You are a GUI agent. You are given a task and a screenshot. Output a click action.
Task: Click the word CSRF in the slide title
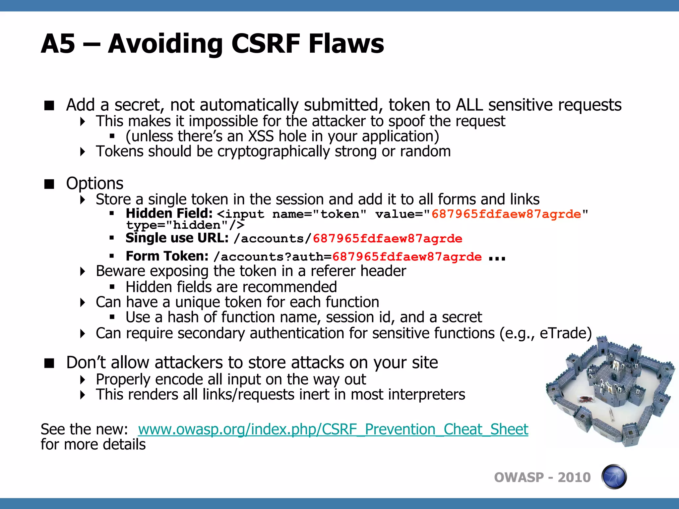click(265, 44)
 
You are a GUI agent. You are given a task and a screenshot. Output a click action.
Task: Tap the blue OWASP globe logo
click(614, 477)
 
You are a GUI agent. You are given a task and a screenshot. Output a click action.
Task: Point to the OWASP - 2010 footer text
click(542, 478)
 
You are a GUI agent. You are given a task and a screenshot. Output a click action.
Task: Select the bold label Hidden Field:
click(169, 213)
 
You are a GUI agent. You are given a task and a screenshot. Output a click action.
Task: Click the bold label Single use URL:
click(177, 238)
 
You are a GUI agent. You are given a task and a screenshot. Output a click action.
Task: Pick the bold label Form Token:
click(167, 256)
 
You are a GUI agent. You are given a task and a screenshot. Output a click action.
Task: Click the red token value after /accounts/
click(387, 239)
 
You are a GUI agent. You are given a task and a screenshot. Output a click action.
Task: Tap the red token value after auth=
click(407, 257)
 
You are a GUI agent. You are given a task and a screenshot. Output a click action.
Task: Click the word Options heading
click(94, 183)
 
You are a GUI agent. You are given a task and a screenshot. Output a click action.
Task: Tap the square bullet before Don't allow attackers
click(49, 364)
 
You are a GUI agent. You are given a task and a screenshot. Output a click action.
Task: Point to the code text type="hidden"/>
click(185, 225)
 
